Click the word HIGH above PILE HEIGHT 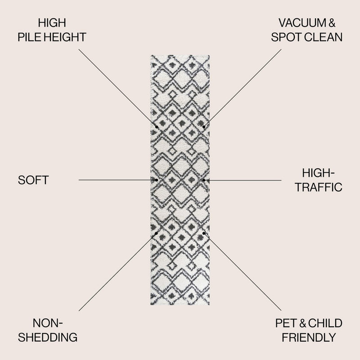coord(52,23)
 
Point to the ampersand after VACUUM coord(331,23)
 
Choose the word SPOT coord(286,37)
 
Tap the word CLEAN coord(323,37)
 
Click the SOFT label coord(33,180)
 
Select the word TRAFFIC coord(319,187)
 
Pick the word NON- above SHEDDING coord(48,323)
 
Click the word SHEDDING coord(48,337)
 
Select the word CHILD coord(325,323)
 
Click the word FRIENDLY coord(309,337)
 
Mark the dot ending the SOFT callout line coord(157,180)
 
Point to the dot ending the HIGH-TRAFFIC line coord(204,180)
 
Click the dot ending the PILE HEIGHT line coord(157,127)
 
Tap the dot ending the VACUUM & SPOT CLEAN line coord(204,127)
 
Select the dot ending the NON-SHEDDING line coord(156,234)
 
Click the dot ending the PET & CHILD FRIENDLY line coord(204,233)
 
